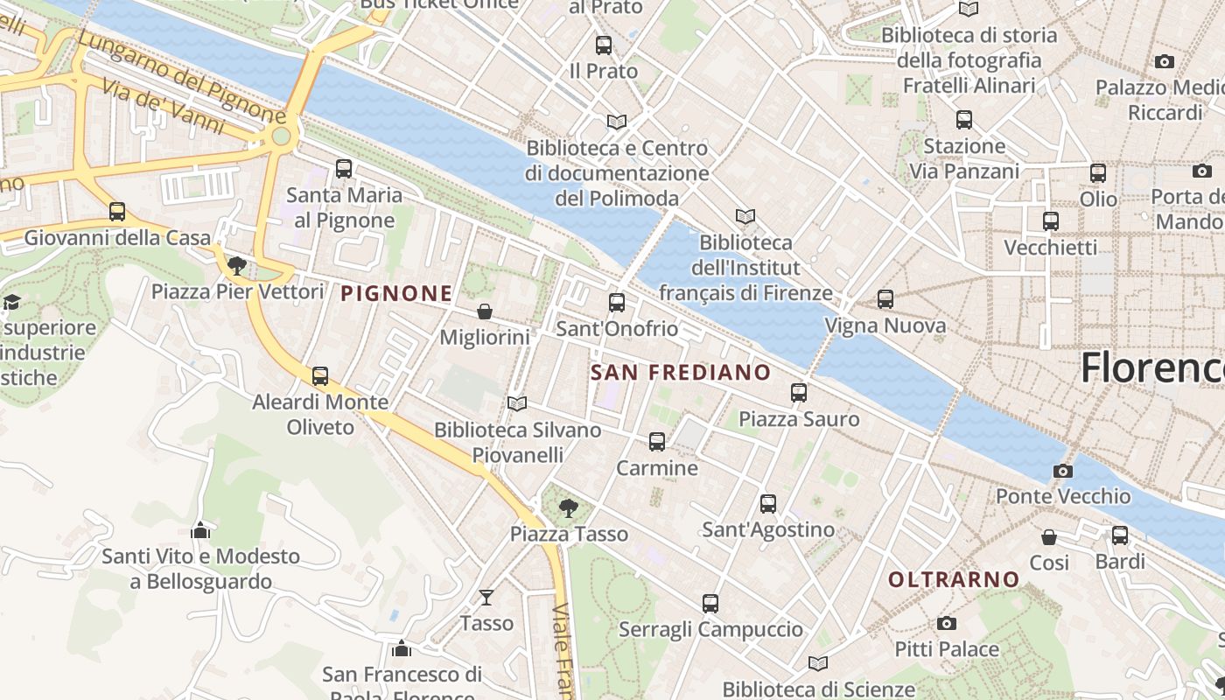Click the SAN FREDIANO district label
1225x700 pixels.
[x=681, y=373]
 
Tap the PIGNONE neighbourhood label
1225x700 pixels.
[x=396, y=294]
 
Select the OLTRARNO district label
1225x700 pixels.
[x=954, y=579]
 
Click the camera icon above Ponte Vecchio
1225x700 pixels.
[x=1063, y=471]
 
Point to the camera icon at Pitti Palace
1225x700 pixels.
[x=946, y=623]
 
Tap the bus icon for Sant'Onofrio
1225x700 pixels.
[x=617, y=303]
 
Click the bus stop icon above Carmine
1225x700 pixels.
[x=657, y=442]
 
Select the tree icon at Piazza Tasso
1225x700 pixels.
[x=569, y=507]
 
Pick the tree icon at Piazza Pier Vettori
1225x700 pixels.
[x=236, y=265]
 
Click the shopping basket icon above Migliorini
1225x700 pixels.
[x=485, y=311]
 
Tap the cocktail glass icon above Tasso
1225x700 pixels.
[x=486, y=598]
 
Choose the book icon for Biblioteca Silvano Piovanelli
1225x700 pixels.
[x=517, y=403]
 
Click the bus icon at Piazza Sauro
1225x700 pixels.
[x=799, y=393]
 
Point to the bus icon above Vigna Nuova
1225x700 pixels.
[x=885, y=299]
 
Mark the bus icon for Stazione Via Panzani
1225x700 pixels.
[x=964, y=119]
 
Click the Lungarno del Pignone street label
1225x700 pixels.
[x=181, y=77]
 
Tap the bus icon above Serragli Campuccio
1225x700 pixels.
[x=710, y=603]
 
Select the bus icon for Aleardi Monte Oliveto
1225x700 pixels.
[x=320, y=376]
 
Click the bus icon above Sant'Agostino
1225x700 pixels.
[x=768, y=503]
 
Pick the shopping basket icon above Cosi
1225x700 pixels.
[x=1049, y=536]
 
